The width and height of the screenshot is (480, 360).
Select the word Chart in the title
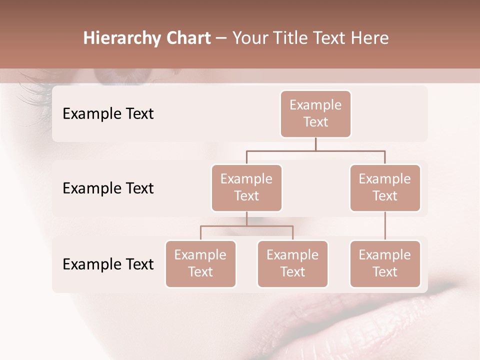[188, 38]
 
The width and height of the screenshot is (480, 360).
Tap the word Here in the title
[369, 38]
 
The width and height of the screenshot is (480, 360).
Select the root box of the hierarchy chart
[315, 113]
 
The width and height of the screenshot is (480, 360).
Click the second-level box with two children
[246, 187]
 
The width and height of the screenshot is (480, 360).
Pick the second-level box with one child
[385, 187]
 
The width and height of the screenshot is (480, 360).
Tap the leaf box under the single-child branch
[385, 263]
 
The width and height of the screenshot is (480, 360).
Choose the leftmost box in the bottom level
[200, 263]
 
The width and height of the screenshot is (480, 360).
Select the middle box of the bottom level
[292, 263]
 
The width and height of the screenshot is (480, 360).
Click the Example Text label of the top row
[108, 114]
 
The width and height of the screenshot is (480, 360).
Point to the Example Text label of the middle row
[108, 188]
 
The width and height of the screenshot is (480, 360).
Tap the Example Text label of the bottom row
[108, 264]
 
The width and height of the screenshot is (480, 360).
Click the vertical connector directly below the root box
[315, 144]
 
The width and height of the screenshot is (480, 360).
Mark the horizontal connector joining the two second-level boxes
[315, 150]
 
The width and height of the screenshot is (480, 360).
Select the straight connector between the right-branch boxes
[385, 226]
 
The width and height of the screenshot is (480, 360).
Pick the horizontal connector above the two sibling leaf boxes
[246, 226]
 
